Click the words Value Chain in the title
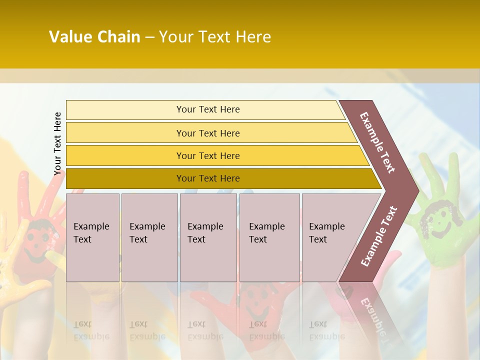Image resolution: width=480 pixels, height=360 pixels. pyautogui.click(x=94, y=37)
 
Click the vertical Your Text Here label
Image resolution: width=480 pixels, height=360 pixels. pyautogui.click(x=57, y=143)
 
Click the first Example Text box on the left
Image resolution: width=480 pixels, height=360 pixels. pyautogui.click(x=92, y=237)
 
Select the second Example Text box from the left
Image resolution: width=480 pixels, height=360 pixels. pyautogui.click(x=149, y=237)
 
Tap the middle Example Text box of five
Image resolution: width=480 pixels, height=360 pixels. pyautogui.click(x=208, y=237)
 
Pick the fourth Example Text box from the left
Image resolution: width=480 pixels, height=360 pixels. pyautogui.click(x=269, y=237)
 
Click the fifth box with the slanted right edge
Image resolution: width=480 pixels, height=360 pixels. pyautogui.click(x=332, y=237)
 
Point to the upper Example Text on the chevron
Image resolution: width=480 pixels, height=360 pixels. pyautogui.click(x=377, y=142)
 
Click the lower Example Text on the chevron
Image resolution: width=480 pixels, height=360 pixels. pyautogui.click(x=379, y=236)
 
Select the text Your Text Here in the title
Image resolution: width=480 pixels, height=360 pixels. pyautogui.click(x=215, y=37)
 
